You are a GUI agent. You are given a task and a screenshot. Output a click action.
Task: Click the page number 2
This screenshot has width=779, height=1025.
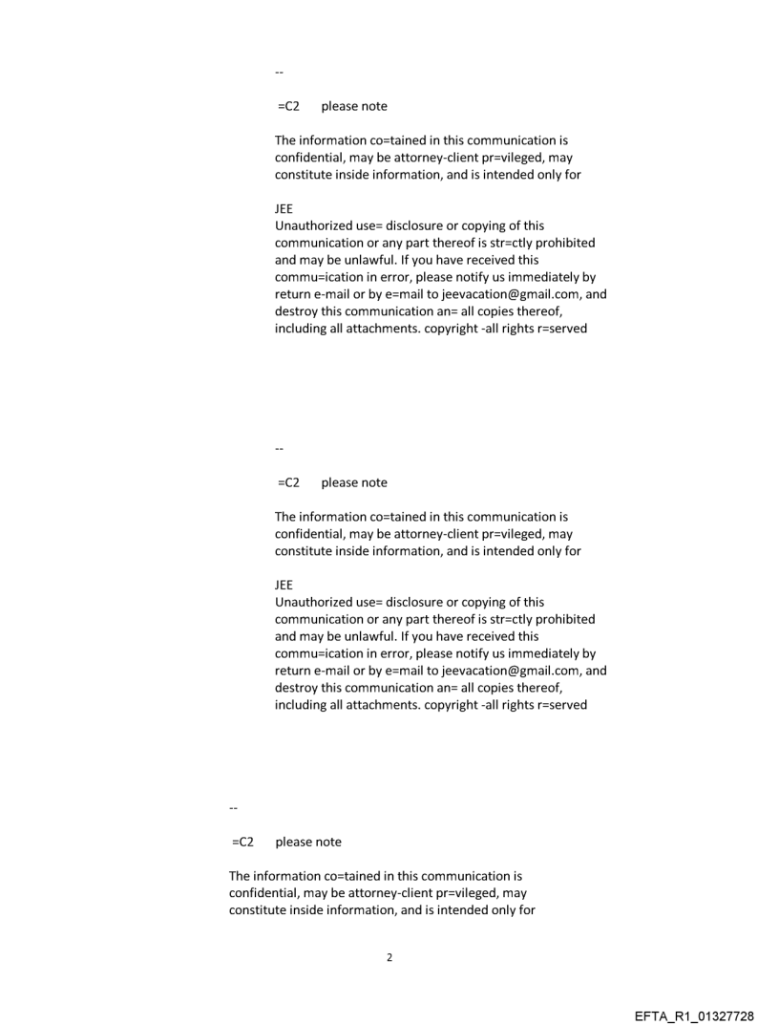click(x=389, y=957)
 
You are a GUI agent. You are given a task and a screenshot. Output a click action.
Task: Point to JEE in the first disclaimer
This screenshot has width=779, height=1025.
click(x=284, y=210)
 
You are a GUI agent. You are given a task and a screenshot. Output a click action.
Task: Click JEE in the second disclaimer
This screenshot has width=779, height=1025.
click(x=284, y=586)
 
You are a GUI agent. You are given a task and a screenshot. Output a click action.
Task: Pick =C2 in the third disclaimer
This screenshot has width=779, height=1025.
click(x=242, y=843)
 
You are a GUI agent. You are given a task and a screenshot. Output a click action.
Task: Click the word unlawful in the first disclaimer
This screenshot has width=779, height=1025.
click(x=356, y=261)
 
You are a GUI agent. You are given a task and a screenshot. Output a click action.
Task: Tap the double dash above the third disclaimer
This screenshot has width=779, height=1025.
click(x=233, y=809)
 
